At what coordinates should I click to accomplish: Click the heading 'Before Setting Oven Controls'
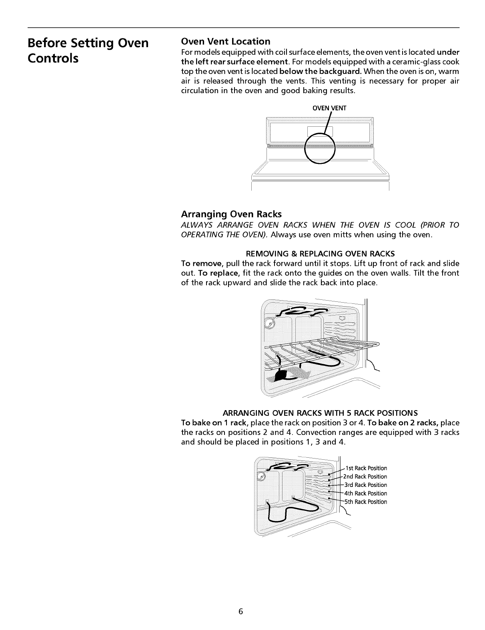tap(88, 50)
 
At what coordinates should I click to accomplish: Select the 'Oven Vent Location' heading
tap(226, 42)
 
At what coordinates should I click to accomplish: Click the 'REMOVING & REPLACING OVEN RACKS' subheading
tap(320, 254)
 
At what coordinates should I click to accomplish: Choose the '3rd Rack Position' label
tap(366, 485)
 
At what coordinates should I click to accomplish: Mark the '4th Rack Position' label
tap(366, 493)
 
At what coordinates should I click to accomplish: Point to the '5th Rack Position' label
tap(366, 502)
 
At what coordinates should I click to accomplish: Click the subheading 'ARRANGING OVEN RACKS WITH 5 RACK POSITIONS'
tap(320, 413)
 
